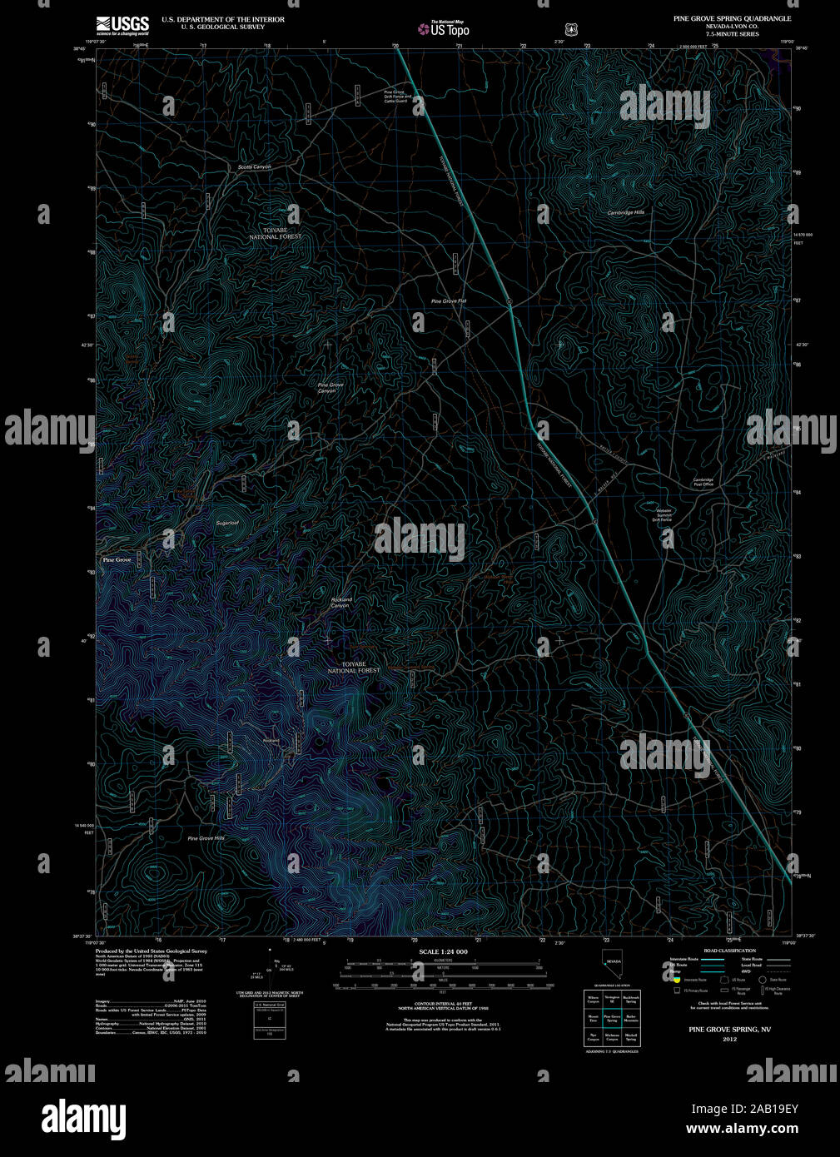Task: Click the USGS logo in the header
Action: coord(122,25)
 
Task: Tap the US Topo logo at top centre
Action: coord(444,28)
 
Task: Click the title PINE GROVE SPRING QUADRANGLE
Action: coord(732,18)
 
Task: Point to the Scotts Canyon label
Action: coord(254,166)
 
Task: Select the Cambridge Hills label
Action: coord(625,212)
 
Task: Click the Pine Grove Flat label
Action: coord(448,300)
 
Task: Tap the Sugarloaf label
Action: coord(227,523)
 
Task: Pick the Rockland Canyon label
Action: coord(340,602)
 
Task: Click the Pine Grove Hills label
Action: coord(206,838)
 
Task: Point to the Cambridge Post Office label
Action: coord(703,482)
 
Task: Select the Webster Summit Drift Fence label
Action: coord(663,514)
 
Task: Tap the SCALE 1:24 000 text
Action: coord(443,951)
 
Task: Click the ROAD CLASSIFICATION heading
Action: coord(729,951)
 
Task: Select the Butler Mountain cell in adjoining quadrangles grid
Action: coord(631,1018)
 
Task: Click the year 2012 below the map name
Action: coord(729,1040)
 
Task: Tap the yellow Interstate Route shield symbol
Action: coord(677,980)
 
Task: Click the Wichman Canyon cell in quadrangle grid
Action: coord(612,1037)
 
